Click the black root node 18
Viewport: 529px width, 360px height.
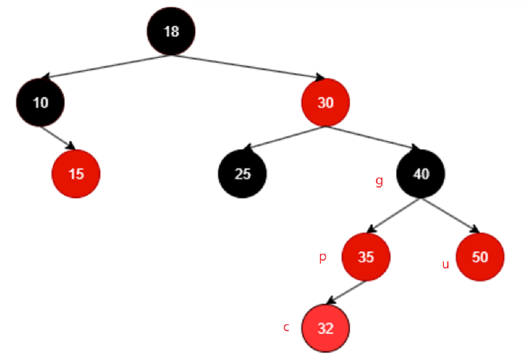pos(171,31)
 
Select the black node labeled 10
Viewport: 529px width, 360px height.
pos(40,103)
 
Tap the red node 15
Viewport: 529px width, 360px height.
pos(76,174)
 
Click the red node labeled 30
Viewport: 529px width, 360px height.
pos(325,103)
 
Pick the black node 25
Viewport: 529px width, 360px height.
pos(242,174)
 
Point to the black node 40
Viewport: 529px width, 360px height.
pos(421,174)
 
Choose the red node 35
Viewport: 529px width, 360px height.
pos(366,257)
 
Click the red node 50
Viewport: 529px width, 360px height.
pos(480,257)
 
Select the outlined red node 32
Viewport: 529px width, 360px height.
pos(325,329)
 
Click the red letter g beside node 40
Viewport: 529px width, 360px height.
pos(379,182)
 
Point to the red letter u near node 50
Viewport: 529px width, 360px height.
pos(445,264)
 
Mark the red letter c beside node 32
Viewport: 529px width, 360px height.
pos(286,327)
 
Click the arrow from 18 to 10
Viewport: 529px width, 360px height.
pos(108,66)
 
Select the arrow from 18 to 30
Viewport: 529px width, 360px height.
pos(247,67)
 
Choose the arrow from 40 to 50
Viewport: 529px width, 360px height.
pos(450,215)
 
